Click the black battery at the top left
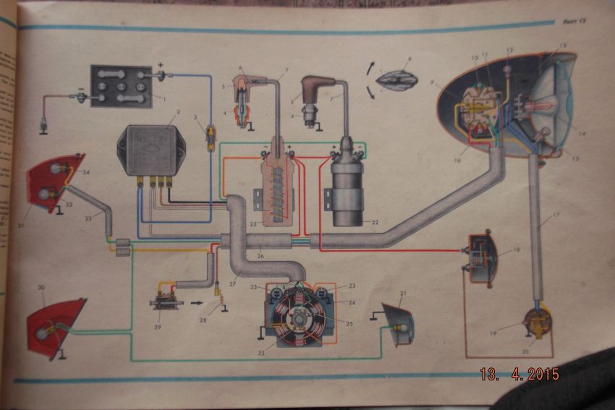coord(121,87)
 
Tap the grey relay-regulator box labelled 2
coord(150,150)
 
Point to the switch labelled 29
coord(166,299)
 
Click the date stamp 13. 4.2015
coord(519,375)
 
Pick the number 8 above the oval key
coord(410,60)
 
